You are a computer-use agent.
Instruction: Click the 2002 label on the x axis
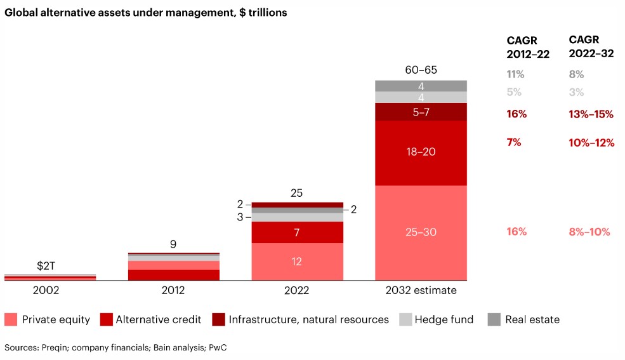pyautogui.click(x=49, y=290)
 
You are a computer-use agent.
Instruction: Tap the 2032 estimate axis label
pyautogui.click(x=421, y=290)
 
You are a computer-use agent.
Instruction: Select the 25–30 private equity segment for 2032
pyautogui.click(x=421, y=232)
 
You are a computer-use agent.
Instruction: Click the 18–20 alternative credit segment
pyautogui.click(x=421, y=152)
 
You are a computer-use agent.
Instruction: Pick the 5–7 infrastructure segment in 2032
pyautogui.click(x=421, y=112)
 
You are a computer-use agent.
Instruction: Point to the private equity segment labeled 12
pyautogui.click(x=297, y=261)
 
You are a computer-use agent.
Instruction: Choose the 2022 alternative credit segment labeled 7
pyautogui.click(x=297, y=232)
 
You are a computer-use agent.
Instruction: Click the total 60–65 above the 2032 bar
pyautogui.click(x=421, y=70)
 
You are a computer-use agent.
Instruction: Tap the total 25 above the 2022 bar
pyautogui.click(x=297, y=192)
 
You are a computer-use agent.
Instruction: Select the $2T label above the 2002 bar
pyautogui.click(x=46, y=266)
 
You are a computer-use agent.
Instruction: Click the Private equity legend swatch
pyautogui.click(x=11, y=319)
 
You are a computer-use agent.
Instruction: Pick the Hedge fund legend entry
pyautogui.click(x=444, y=319)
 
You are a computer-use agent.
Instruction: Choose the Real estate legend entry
pyautogui.click(x=532, y=319)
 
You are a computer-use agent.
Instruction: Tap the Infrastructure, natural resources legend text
pyautogui.click(x=308, y=319)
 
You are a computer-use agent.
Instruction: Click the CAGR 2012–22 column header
pyautogui.click(x=527, y=47)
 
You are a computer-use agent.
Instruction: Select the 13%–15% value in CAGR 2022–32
pyautogui.click(x=591, y=114)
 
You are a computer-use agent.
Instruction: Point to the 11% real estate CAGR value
pyautogui.click(x=515, y=74)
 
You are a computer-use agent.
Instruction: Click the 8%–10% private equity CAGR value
pyautogui.click(x=589, y=232)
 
